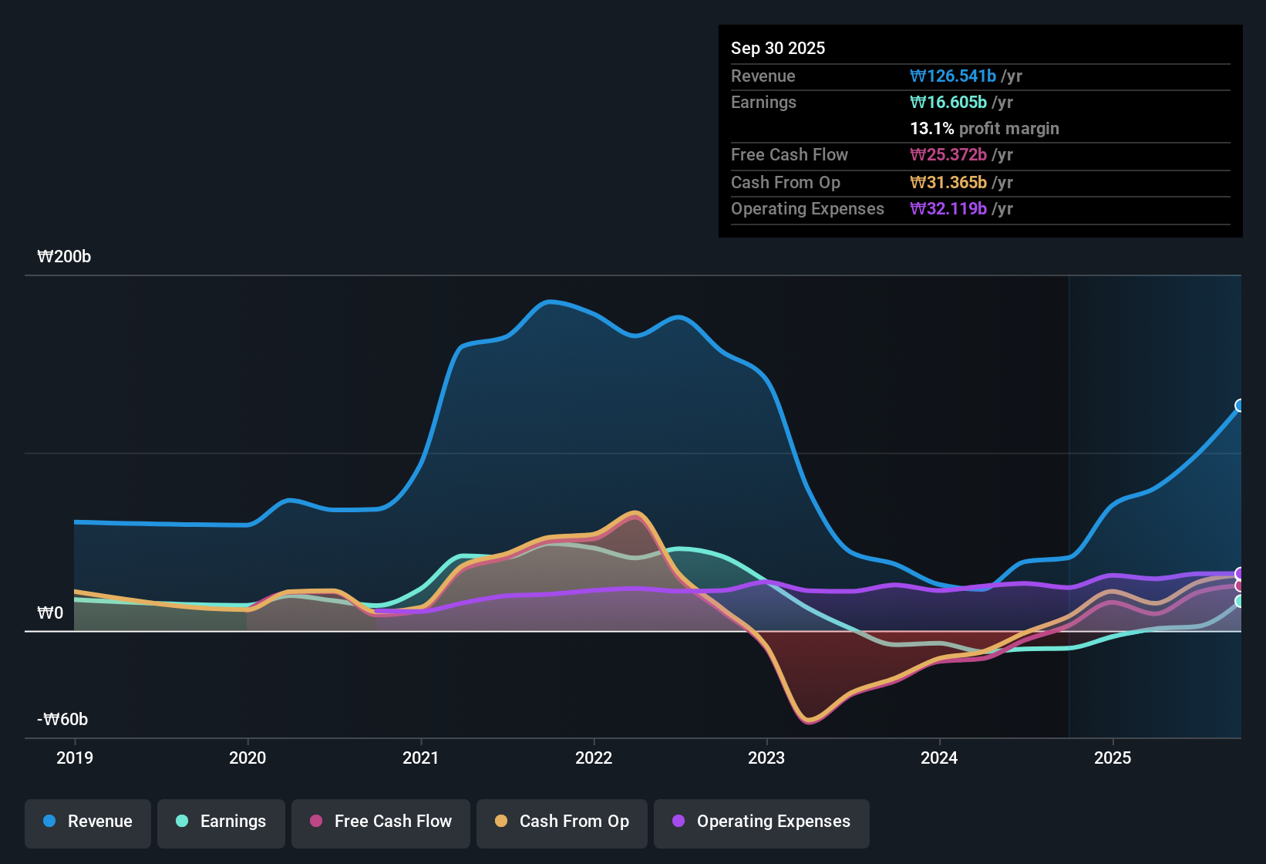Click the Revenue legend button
coord(88,822)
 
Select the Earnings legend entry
coord(221,822)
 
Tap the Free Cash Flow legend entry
coord(381,822)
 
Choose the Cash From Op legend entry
coord(562,822)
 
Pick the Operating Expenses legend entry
coord(762,822)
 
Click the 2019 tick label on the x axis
coord(75,758)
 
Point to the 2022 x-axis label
coord(594,758)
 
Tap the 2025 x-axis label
coord(1113,758)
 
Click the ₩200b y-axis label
coord(64,257)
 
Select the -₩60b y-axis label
coord(62,720)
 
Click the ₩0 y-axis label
coord(50,613)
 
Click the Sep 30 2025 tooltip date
coord(778,49)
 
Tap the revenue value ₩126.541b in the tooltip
coord(953,76)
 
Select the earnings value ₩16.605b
coord(948,103)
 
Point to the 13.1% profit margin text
coord(985,129)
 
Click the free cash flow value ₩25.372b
coord(948,155)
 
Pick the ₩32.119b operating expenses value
coord(948,209)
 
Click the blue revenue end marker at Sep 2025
coord(1240,406)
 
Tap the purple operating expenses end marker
coord(1240,573)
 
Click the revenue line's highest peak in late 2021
coord(549,302)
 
